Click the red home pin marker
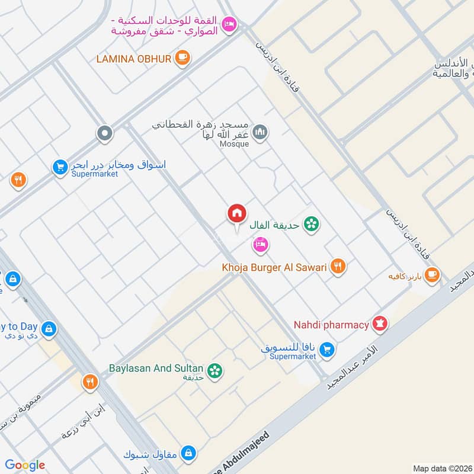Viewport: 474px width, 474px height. (237, 213)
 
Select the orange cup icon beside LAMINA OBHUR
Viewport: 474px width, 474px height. (183, 58)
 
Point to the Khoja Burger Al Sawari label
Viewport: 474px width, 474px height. (274, 267)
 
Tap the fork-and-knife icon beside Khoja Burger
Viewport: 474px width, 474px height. (338, 267)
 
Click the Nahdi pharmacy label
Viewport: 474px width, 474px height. (331, 325)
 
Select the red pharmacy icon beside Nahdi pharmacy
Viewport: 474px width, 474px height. (379, 324)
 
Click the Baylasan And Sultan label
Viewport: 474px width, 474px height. (156, 368)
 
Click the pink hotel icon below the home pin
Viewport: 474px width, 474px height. (260, 244)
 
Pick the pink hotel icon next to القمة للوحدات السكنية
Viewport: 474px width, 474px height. (229, 24)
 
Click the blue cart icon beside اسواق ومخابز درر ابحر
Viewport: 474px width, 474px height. (59, 168)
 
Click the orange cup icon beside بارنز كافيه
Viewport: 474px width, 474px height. (432, 274)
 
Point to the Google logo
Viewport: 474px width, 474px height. (25, 465)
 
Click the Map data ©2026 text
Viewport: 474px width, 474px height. (441, 468)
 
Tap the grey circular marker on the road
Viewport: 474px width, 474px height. (105, 133)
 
